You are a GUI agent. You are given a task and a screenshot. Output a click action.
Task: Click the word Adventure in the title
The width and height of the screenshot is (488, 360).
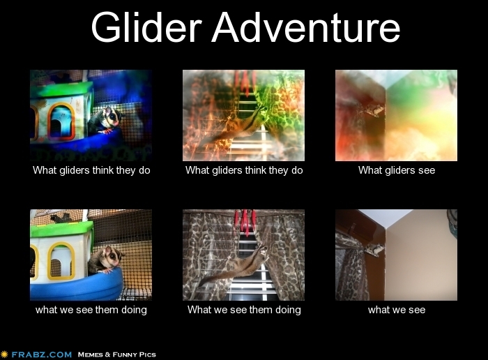coord(306,27)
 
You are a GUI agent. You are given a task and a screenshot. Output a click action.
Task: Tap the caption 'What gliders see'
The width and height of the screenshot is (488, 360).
coord(397,170)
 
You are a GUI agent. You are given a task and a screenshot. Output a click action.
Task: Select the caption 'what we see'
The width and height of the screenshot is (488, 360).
coord(397,310)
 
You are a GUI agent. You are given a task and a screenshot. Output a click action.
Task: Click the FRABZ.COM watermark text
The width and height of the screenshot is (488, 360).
coord(41,354)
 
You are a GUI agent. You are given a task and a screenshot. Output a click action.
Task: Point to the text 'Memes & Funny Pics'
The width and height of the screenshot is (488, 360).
coord(116,354)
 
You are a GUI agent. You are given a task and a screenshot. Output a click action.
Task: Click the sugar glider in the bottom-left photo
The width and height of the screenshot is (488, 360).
coord(105,260)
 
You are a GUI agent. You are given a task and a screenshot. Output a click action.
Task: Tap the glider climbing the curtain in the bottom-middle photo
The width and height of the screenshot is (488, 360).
coord(236,264)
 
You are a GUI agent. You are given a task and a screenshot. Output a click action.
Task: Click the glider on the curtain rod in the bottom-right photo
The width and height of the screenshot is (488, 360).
coord(374,249)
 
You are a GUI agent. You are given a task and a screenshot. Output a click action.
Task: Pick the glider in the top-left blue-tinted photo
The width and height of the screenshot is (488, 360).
coord(105,120)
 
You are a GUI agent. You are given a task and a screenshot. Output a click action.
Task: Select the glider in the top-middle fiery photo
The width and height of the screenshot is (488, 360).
coord(236,125)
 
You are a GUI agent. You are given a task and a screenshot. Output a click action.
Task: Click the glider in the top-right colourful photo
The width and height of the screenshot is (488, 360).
coord(374,110)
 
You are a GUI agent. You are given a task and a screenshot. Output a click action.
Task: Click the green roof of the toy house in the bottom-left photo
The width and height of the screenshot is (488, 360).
coord(61,229)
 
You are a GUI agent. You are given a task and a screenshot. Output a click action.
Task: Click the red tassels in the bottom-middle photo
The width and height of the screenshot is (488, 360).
coord(245,221)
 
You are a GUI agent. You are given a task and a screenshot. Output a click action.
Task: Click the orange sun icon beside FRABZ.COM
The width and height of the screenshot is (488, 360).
coord(4,354)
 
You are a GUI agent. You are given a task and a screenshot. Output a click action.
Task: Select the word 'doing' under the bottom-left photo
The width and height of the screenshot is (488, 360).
coord(134,310)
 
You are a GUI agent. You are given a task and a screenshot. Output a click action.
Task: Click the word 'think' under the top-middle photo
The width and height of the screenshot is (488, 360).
coord(256,170)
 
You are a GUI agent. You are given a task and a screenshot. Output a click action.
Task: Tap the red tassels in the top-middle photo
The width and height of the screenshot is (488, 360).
coord(245,82)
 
